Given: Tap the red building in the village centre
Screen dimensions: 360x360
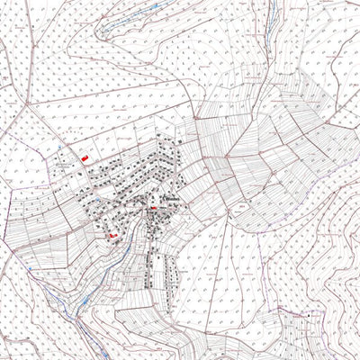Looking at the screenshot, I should point(154,208).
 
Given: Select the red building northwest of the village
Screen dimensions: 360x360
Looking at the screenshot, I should point(85,157).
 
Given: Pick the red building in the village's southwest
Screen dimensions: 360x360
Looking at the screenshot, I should point(113,236).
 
